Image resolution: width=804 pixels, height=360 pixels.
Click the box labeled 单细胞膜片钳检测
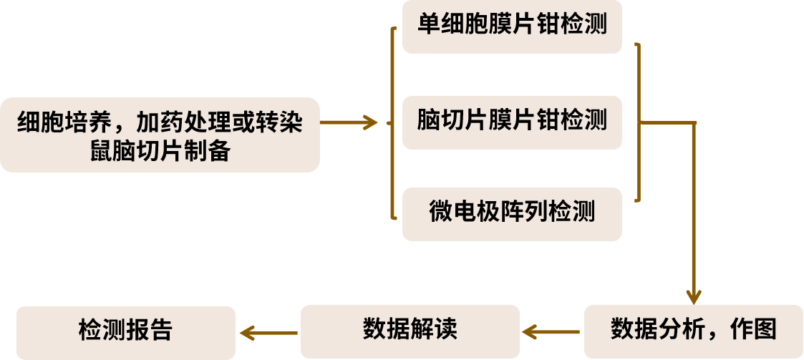[512, 26]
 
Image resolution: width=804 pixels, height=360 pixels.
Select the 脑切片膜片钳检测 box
[512, 120]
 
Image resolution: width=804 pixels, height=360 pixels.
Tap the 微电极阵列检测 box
[512, 213]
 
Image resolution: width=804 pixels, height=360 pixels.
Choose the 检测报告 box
[125, 331]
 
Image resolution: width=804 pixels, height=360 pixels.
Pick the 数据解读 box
[410, 331]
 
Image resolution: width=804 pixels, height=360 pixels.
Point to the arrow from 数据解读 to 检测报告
[268, 332]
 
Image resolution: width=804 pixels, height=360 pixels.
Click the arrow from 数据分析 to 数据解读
[551, 332]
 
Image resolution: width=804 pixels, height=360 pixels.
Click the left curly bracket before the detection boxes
[392, 122]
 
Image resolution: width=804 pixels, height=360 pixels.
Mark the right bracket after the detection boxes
[636, 122]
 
